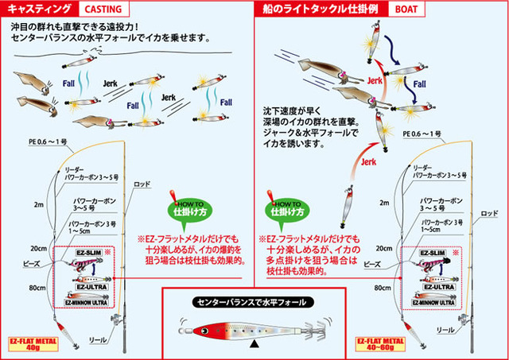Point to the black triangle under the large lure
(x=253, y=343)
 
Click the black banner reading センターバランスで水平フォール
(x=254, y=302)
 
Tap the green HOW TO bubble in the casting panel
(x=184, y=208)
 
